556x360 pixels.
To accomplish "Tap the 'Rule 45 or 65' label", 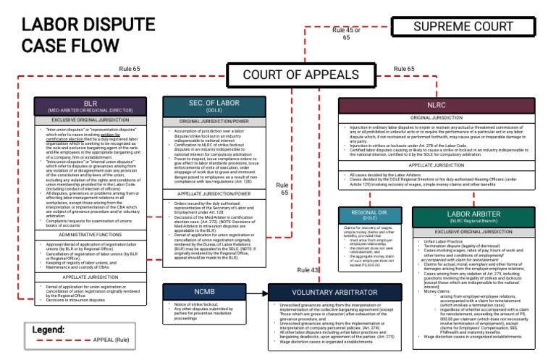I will click(346, 33).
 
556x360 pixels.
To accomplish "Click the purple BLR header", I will click(90, 106).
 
